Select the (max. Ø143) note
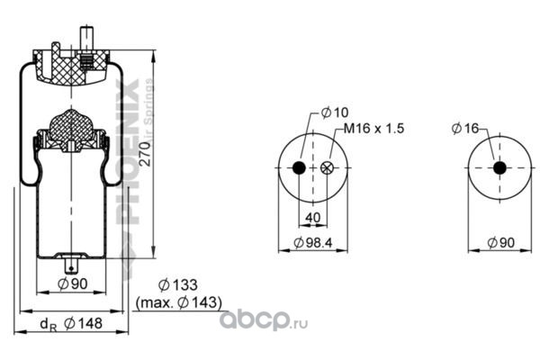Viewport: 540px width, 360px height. tap(178, 302)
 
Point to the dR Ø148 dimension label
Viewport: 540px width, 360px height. tap(68, 324)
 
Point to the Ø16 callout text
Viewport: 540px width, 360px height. tap(466, 130)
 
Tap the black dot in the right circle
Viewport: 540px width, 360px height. tap(498, 169)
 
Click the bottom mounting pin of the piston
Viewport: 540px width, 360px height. tap(70, 265)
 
